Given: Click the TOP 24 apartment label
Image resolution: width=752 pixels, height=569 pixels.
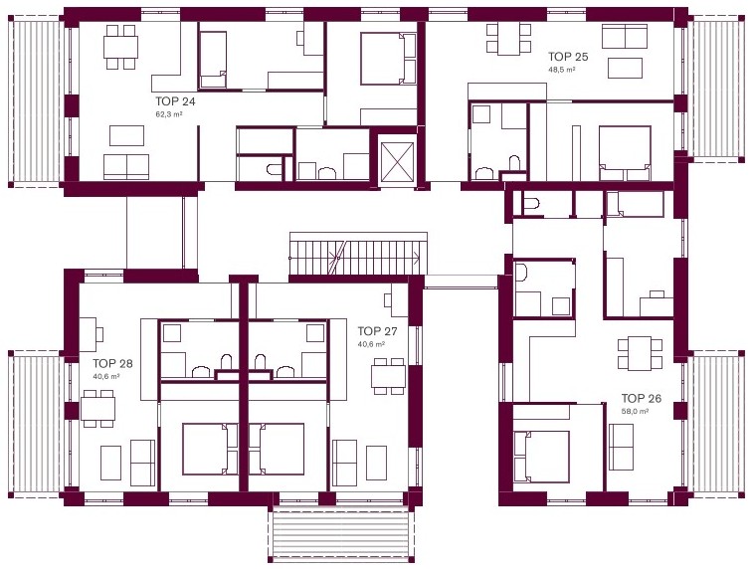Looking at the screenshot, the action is [x=175, y=101].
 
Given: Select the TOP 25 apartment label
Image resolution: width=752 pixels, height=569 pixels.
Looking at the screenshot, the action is [x=568, y=57].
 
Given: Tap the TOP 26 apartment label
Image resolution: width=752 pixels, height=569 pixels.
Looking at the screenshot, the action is [x=642, y=398].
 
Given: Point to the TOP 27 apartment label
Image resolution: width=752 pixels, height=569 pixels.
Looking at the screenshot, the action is [x=377, y=331].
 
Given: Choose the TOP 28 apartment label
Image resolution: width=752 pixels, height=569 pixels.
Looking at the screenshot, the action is [x=112, y=364].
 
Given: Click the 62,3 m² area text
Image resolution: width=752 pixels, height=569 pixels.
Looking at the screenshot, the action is [x=169, y=114].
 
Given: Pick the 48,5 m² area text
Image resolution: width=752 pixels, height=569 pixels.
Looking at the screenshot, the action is [x=562, y=69].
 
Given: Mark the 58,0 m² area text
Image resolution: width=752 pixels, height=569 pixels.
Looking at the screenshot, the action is [x=635, y=411].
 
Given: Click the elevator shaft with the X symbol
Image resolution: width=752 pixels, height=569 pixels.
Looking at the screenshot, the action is [x=396, y=159].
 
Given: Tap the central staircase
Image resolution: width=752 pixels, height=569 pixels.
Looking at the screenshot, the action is [x=358, y=258].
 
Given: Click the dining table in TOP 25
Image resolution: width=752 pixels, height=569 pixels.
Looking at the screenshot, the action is [x=508, y=39].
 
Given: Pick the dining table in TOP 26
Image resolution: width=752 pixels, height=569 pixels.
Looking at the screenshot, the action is [x=640, y=353].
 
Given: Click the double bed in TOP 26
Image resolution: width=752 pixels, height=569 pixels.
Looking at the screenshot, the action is [x=541, y=457].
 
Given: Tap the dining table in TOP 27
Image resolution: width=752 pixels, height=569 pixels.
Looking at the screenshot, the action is [x=389, y=376].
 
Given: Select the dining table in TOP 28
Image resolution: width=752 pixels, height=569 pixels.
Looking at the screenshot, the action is [x=97, y=408].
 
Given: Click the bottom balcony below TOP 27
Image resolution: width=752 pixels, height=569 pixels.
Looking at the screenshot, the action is [x=340, y=533].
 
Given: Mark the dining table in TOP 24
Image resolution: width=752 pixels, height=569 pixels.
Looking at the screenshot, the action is [x=120, y=47].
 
